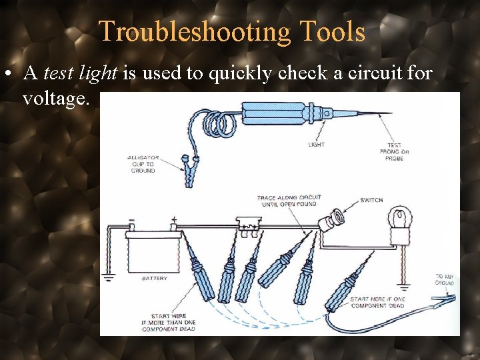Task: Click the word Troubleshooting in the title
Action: point(194,31)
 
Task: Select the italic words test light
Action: point(81,73)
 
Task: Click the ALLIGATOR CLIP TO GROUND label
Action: point(141,165)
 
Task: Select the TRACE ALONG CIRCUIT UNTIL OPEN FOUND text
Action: point(289,201)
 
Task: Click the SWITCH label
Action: point(371,200)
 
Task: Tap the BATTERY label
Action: point(155,278)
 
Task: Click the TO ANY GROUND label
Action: point(445,279)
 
